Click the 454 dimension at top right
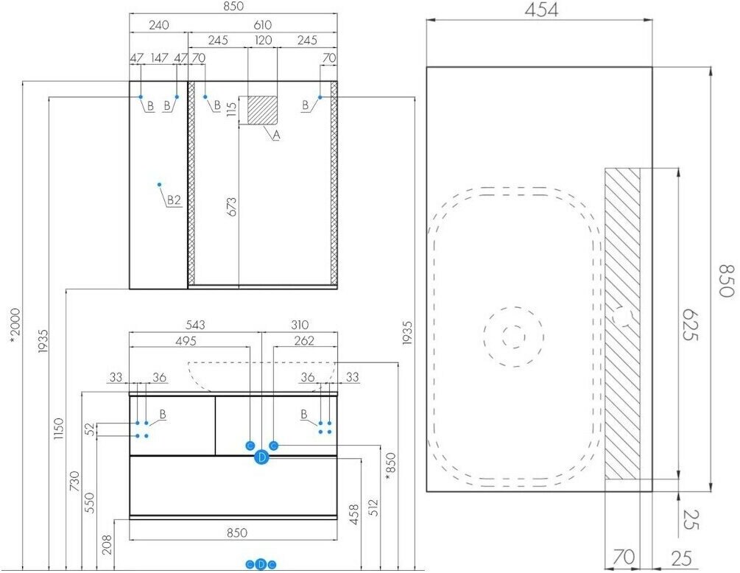point(541,10)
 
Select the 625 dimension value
point(690,325)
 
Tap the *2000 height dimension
point(15,328)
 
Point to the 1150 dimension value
point(58,429)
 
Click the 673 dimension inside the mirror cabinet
point(232,207)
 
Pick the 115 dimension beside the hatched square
point(232,110)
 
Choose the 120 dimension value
point(264,40)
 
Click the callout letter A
point(277,135)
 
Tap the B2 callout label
point(175,200)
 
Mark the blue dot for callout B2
point(160,185)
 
